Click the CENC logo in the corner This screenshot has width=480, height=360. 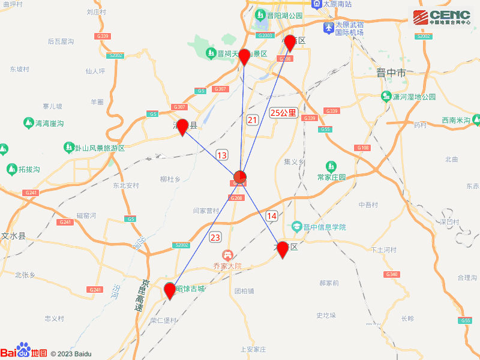pyautogui.click(x=441, y=18)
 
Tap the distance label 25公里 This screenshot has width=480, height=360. pyautogui.click(x=283, y=112)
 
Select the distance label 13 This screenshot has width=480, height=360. pyautogui.click(x=222, y=155)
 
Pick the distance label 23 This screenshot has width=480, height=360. pyautogui.click(x=215, y=237)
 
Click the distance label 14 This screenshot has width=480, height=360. pyautogui.click(x=272, y=215)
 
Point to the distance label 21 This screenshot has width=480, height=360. pyautogui.click(x=253, y=120)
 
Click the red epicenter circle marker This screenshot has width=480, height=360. pyautogui.click(x=239, y=176)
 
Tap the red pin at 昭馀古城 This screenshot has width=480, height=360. pyautogui.click(x=170, y=290)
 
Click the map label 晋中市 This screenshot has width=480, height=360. pyautogui.click(x=391, y=73)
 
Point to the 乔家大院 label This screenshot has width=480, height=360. pyautogui.click(x=227, y=265)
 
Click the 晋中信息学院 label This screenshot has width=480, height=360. pyautogui.click(x=325, y=227)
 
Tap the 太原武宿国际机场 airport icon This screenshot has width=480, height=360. pyautogui.click(x=328, y=28)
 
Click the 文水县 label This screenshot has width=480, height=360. pyautogui.click(x=13, y=236)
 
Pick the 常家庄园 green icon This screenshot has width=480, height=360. pyautogui.click(x=331, y=166)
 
